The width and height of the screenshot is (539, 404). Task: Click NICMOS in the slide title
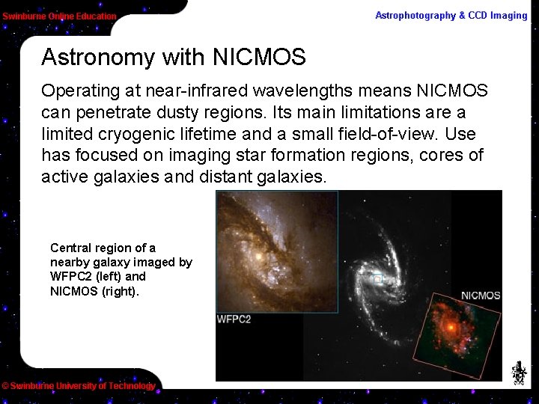point(259,58)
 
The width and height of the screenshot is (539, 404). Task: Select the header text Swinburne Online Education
point(59,16)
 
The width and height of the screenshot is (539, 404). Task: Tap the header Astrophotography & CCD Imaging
point(451,15)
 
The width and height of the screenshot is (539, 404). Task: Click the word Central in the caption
point(72,248)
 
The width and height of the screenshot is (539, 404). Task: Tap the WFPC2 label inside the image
point(234,319)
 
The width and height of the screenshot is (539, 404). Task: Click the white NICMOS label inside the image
point(480,296)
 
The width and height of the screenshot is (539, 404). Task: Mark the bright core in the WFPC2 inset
point(258,256)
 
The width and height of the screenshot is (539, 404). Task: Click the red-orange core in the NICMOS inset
point(451,328)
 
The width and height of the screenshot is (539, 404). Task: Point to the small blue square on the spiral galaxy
point(378,279)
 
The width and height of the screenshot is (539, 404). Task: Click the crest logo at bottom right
point(518,372)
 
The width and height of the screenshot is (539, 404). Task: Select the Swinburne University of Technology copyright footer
point(79,386)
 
